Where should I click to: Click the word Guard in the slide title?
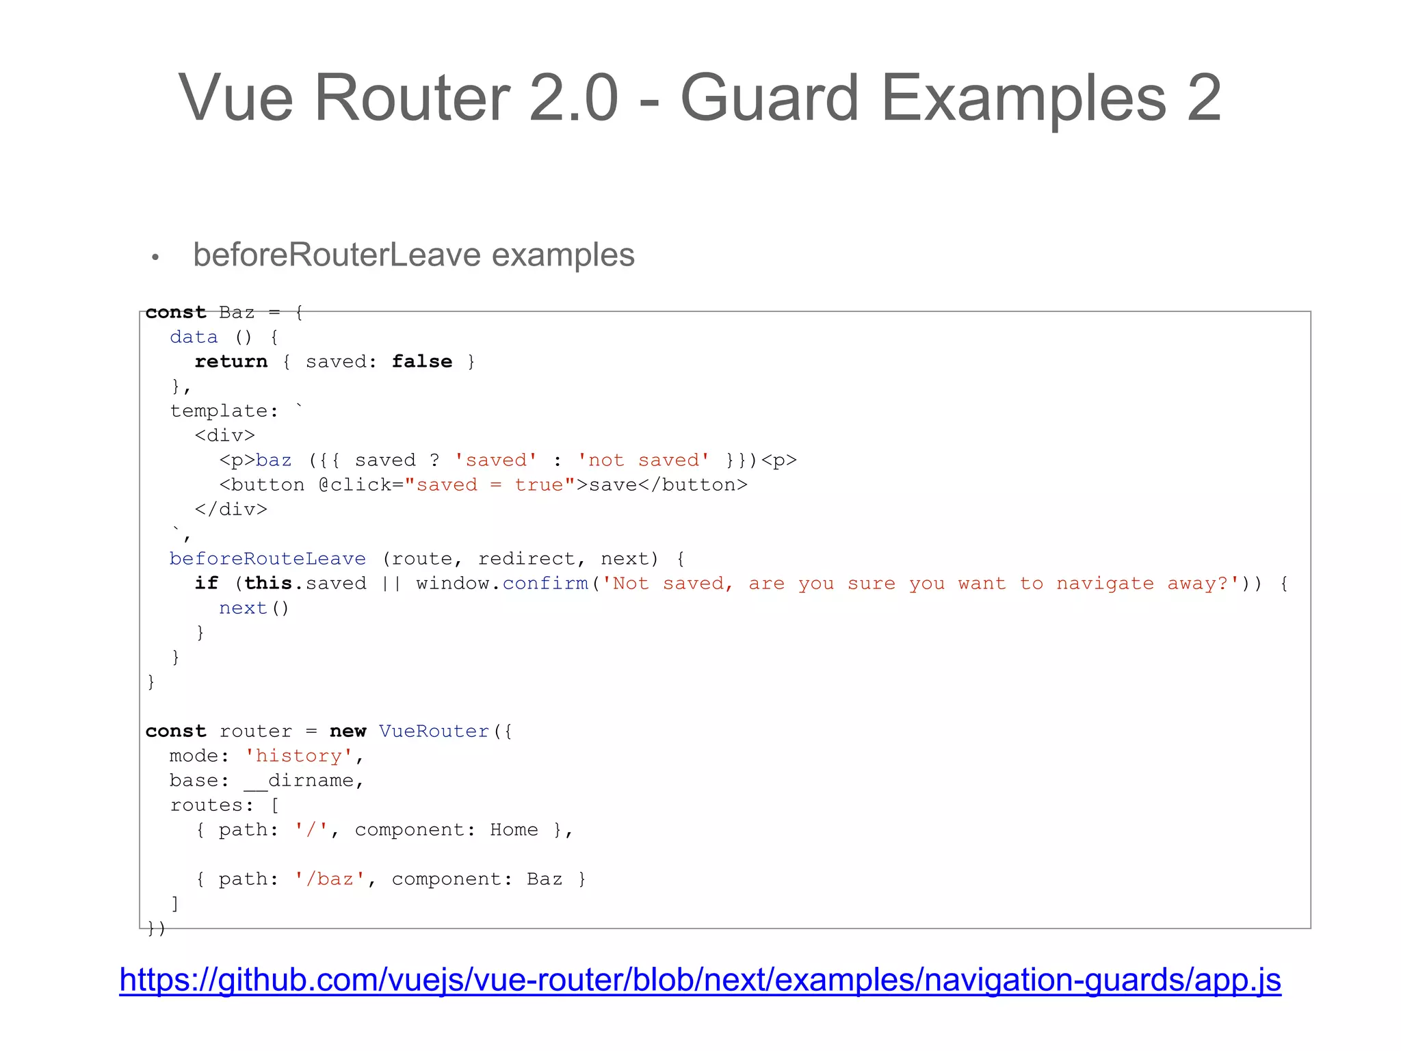769,99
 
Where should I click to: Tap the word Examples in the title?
1023,99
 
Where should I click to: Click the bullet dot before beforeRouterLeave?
155,257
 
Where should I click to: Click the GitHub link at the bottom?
700,979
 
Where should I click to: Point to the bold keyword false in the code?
421,361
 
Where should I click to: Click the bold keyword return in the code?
231,361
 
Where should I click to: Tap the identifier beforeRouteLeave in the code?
267,558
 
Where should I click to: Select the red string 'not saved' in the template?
643,460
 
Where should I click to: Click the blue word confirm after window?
545,583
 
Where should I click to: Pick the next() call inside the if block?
254,608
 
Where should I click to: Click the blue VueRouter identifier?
434,731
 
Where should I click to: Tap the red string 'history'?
299,755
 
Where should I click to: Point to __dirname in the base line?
298,780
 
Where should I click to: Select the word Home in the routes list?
514,829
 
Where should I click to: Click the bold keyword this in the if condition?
267,583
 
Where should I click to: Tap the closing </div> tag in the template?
231,509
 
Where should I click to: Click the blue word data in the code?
194,337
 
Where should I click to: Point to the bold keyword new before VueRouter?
348,731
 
